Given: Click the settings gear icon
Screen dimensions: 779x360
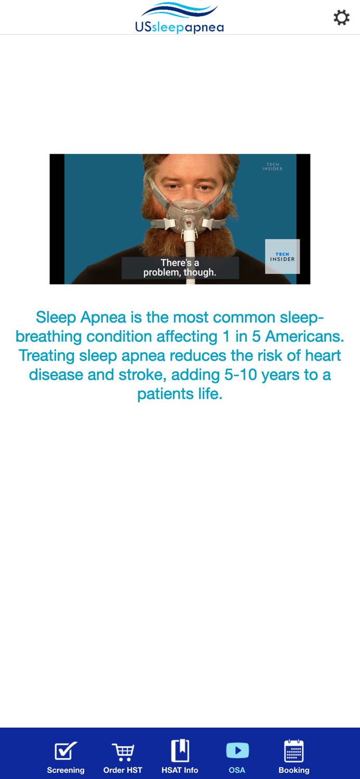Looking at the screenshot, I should point(341,18).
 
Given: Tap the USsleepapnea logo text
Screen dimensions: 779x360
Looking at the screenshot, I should point(179,27).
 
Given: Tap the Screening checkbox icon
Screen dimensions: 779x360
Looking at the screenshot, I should point(66,751).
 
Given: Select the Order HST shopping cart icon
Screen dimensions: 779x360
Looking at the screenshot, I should point(123,751).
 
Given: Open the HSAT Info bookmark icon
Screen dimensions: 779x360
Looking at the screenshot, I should point(180,751).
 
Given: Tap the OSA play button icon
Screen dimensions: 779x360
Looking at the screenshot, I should point(237,750).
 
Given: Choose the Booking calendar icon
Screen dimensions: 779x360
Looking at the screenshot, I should point(294,751).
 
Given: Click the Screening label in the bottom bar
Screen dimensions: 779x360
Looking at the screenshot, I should point(66,770).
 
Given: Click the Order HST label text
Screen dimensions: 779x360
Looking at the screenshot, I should point(123,770).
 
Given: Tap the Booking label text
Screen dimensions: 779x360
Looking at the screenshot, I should point(294,770).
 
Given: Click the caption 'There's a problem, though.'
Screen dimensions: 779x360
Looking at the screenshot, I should point(180,267).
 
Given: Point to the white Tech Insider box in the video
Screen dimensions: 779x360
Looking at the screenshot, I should point(282,257).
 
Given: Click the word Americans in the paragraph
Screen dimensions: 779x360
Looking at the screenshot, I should point(304,337).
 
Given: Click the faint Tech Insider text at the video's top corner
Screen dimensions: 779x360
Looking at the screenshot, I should point(272,167).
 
